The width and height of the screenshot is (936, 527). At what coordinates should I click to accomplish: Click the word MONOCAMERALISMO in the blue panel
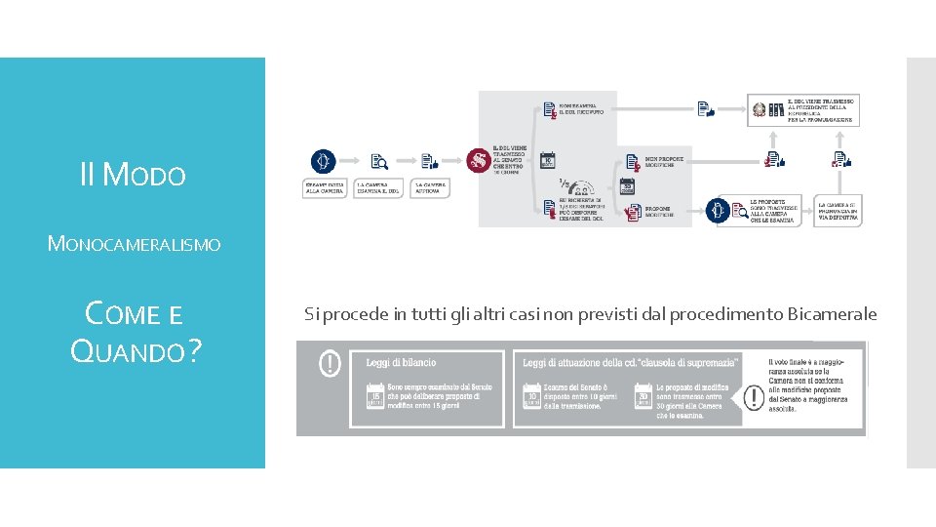pyautogui.click(x=134, y=243)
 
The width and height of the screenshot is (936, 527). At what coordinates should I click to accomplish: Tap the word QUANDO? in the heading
pyautogui.click(x=136, y=348)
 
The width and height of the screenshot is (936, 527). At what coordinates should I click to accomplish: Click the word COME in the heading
pyautogui.click(x=121, y=313)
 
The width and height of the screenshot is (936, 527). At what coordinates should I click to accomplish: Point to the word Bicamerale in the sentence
pyautogui.click(x=831, y=313)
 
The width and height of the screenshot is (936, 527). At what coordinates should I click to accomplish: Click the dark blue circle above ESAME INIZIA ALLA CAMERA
pyautogui.click(x=323, y=161)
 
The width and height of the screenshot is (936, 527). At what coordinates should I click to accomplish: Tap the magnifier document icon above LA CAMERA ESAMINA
pyautogui.click(x=378, y=162)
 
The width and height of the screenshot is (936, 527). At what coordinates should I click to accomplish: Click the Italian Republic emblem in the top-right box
pyautogui.click(x=757, y=109)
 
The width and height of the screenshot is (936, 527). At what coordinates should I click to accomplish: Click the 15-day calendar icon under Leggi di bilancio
pyautogui.click(x=373, y=397)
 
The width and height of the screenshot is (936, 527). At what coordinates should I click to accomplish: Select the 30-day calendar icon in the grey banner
pyautogui.click(x=643, y=397)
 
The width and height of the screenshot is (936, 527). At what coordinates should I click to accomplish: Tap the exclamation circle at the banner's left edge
pyautogui.click(x=331, y=364)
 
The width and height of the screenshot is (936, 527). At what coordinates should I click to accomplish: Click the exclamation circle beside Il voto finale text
pyautogui.click(x=754, y=397)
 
